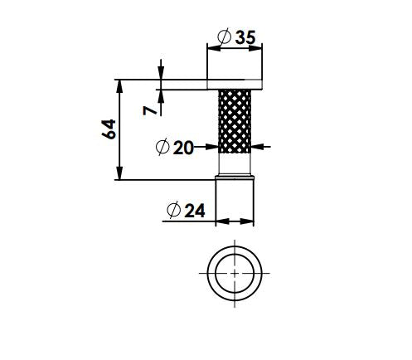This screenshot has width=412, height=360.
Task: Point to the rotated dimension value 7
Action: click(x=147, y=109)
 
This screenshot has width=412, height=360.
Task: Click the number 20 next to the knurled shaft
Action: click(x=183, y=148)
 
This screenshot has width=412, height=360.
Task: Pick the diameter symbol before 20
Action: click(x=162, y=148)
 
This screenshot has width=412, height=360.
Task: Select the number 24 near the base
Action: click(x=194, y=211)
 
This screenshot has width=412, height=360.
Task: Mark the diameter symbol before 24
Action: click(x=172, y=211)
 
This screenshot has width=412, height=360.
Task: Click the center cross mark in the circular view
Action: click(x=235, y=273)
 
